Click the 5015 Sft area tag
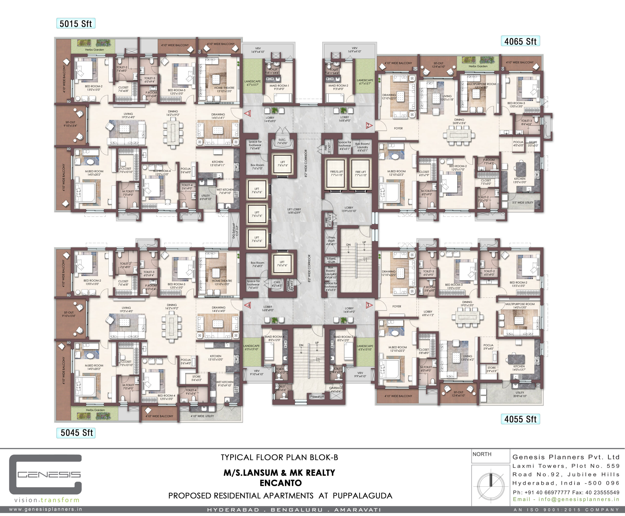[76, 23]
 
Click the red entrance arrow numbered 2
[369, 125]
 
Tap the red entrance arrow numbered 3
[369, 305]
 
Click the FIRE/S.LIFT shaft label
[337, 173]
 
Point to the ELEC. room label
[282, 141]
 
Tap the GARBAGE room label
[336, 389]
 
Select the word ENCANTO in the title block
[281, 483]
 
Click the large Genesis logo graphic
[45, 474]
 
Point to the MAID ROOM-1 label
[279, 87]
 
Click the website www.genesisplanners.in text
[45, 509]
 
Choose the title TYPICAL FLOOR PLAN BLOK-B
[279, 457]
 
